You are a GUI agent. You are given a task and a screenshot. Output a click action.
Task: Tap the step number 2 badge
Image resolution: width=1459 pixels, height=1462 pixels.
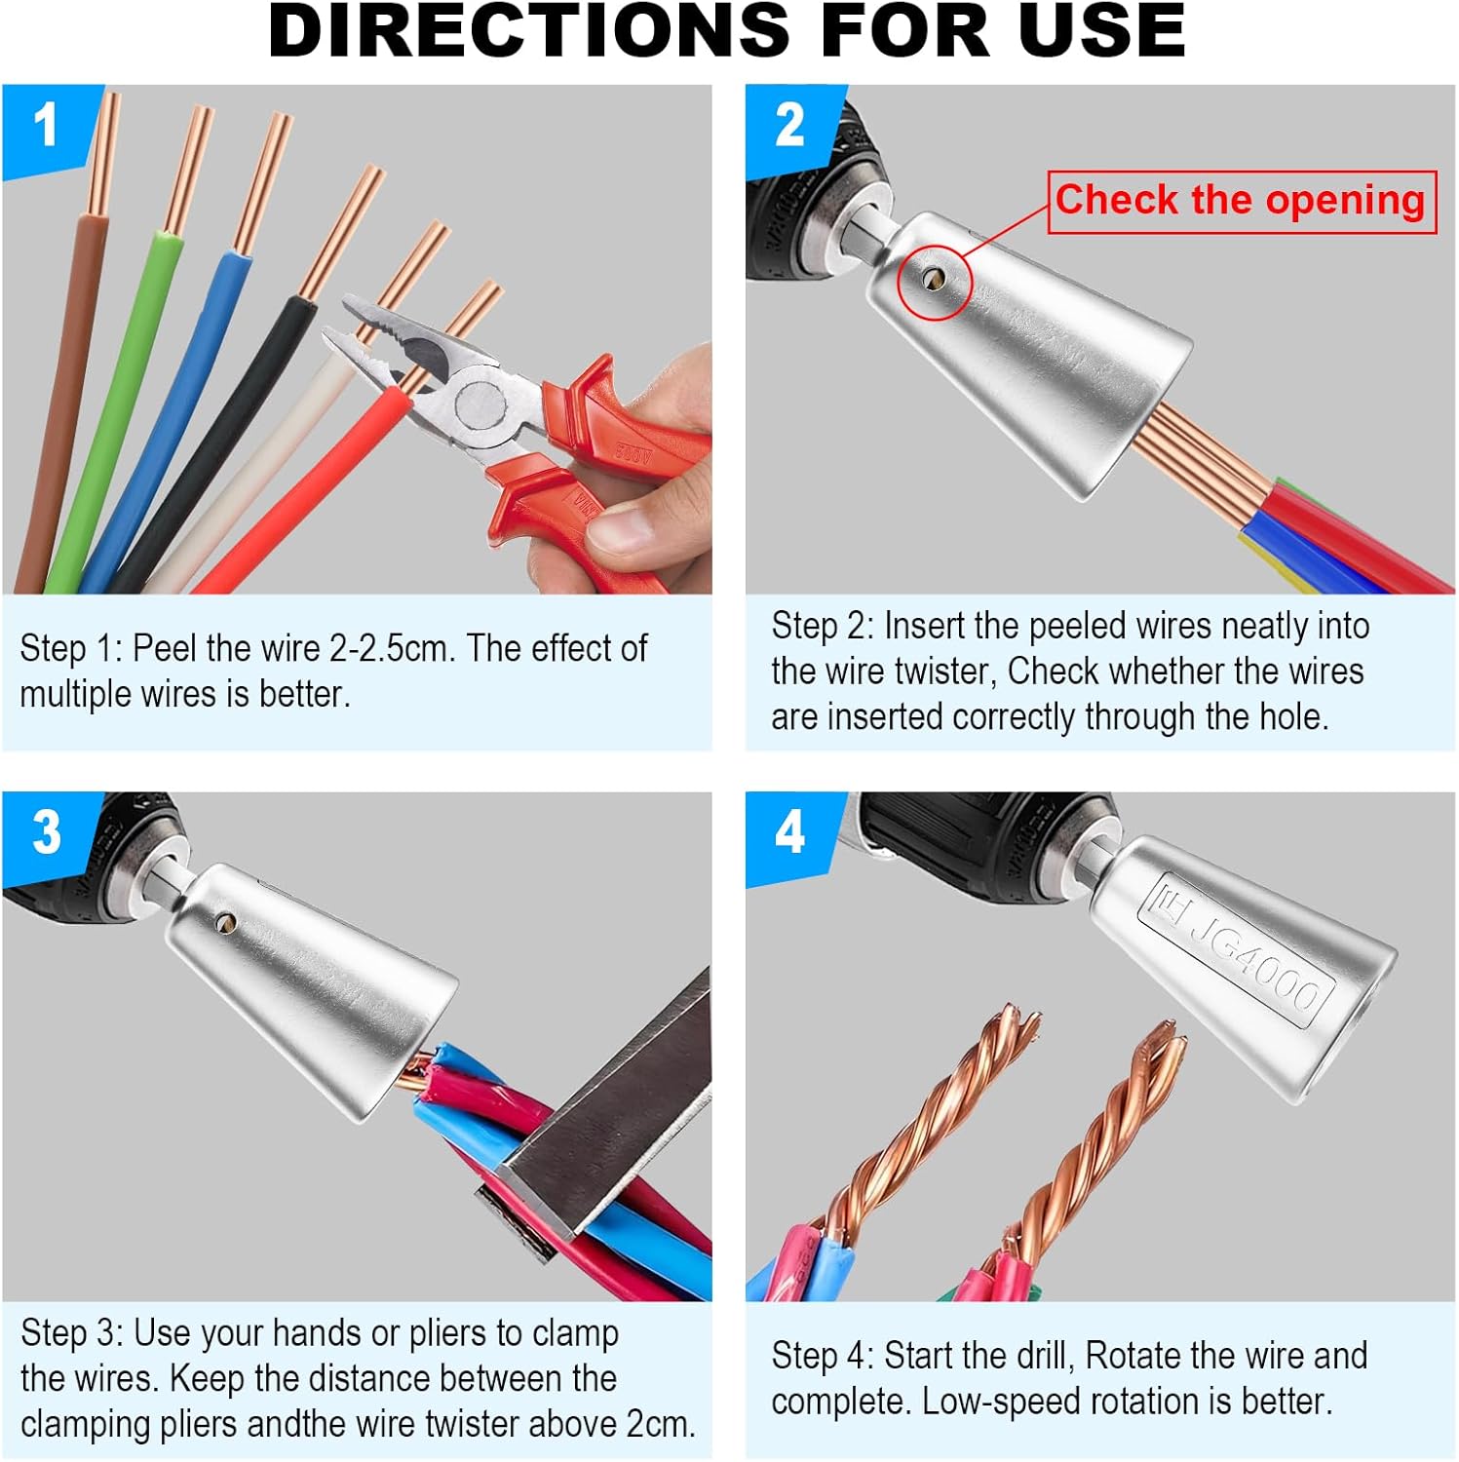pos(789,127)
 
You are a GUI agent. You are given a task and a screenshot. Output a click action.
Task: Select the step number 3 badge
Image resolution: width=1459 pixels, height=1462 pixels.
pos(47,833)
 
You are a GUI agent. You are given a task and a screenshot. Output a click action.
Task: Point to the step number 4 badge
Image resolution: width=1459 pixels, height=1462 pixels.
pos(789,833)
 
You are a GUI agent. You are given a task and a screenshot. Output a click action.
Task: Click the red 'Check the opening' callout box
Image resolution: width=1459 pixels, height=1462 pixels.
pos(1241,201)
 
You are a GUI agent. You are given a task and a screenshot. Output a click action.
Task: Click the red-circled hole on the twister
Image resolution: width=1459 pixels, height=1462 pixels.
pos(934,281)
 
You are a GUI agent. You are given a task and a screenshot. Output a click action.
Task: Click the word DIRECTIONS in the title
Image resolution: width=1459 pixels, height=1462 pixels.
pos(527,31)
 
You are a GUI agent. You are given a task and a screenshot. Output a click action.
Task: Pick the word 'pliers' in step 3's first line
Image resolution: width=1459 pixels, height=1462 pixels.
pos(449,1333)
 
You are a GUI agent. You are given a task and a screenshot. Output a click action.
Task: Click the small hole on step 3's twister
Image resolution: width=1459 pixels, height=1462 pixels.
pos(226,920)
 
